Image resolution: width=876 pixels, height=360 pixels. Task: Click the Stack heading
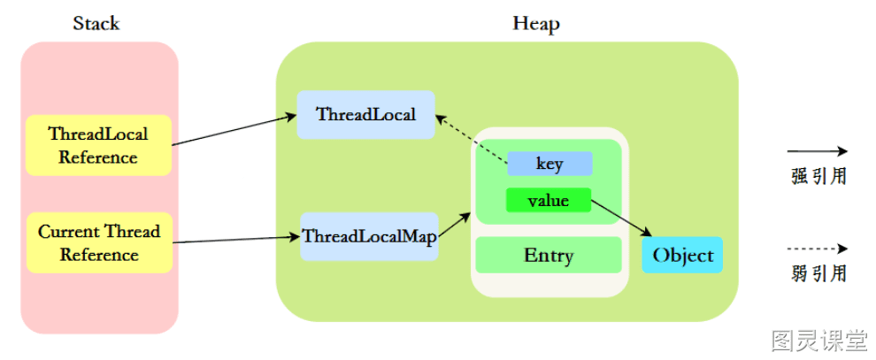pyautogui.click(x=96, y=24)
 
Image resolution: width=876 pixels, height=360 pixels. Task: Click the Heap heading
pyautogui.click(x=536, y=24)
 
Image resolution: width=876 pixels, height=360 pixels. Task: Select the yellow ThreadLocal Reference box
pyautogui.click(x=98, y=145)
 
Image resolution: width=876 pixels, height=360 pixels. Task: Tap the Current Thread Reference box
pyautogui.click(x=99, y=242)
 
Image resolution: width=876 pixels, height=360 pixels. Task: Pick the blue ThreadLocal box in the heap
pyautogui.click(x=366, y=114)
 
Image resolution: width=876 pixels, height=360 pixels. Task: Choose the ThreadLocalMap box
pyautogui.click(x=369, y=236)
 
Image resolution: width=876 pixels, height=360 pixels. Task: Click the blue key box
pyautogui.click(x=549, y=164)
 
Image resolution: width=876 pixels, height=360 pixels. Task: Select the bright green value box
pyautogui.click(x=549, y=200)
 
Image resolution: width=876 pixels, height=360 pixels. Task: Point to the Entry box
pyautogui.click(x=549, y=255)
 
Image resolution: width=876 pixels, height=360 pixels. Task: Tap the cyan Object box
pyautogui.click(x=683, y=255)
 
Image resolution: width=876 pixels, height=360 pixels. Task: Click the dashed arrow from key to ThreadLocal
pyautogui.click(x=472, y=140)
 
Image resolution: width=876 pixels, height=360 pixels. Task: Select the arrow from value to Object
pyautogui.click(x=622, y=218)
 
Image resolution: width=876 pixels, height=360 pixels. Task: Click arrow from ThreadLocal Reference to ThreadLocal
pyautogui.click(x=234, y=130)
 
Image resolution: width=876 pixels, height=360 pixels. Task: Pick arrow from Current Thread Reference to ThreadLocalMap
pyautogui.click(x=236, y=240)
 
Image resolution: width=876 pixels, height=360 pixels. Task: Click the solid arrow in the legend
pyautogui.click(x=818, y=151)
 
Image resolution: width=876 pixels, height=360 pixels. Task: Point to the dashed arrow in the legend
pyautogui.click(x=818, y=249)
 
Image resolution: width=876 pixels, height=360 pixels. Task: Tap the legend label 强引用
pyautogui.click(x=819, y=176)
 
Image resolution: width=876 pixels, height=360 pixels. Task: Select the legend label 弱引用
pyautogui.click(x=819, y=273)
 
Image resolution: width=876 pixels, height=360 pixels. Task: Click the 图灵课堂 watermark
pyautogui.click(x=819, y=340)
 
